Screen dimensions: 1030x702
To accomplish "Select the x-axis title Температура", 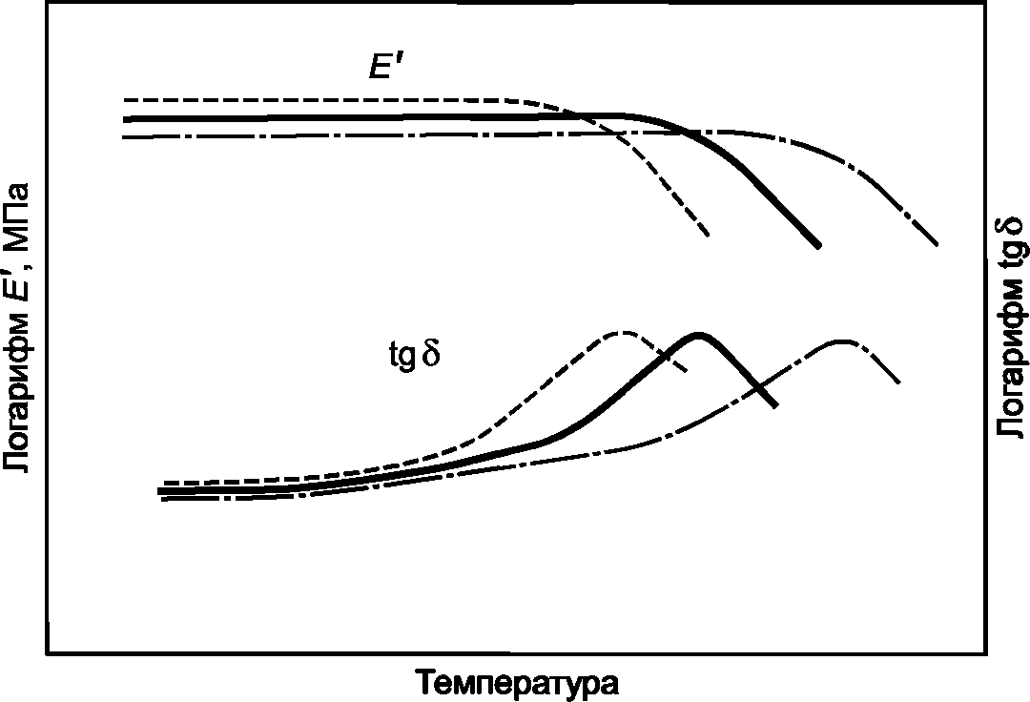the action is (x=516, y=682).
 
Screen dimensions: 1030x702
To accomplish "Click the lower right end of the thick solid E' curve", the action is (x=818, y=246).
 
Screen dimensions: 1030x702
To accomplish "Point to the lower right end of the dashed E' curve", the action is (x=709, y=235).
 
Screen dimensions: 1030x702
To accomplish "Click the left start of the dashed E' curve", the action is (x=125, y=100).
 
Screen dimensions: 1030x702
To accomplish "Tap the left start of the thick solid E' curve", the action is (x=125, y=119).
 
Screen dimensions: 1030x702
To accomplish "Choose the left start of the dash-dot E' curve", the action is (x=125, y=137).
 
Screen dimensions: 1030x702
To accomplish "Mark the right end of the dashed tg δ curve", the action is (x=687, y=372).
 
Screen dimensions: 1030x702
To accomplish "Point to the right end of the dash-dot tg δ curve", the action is (x=899, y=382).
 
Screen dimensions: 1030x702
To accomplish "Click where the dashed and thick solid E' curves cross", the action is (x=578, y=115).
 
